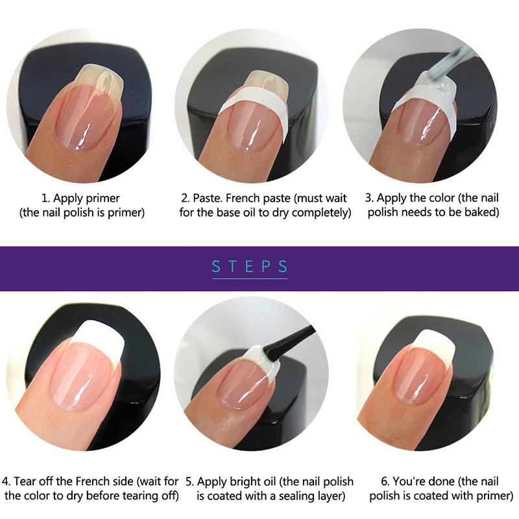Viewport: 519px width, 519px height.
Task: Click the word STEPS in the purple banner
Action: point(250,267)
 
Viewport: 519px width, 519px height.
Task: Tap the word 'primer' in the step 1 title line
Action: point(104,199)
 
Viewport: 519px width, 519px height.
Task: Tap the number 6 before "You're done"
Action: point(385,481)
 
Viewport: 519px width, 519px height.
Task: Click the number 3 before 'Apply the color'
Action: point(369,198)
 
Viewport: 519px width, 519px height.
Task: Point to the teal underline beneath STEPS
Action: point(250,279)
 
